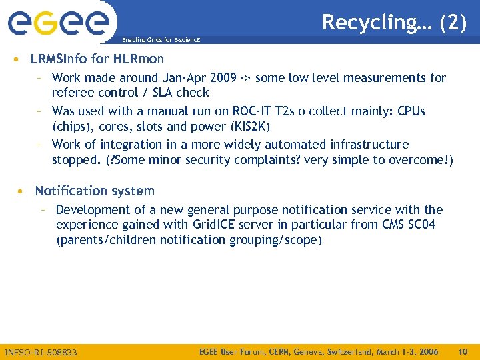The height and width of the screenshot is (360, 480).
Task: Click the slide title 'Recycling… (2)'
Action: click(394, 22)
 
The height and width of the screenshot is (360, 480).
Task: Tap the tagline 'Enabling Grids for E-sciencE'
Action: click(160, 41)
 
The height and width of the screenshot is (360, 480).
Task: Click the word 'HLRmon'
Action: click(138, 59)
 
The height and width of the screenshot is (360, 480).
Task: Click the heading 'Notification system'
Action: click(95, 191)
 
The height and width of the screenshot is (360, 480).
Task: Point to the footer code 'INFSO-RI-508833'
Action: click(41, 352)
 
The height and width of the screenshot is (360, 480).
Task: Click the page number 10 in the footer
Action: click(463, 351)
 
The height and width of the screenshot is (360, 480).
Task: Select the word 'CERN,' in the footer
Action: click(270, 351)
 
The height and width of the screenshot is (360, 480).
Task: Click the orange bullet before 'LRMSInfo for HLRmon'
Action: click(16, 59)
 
